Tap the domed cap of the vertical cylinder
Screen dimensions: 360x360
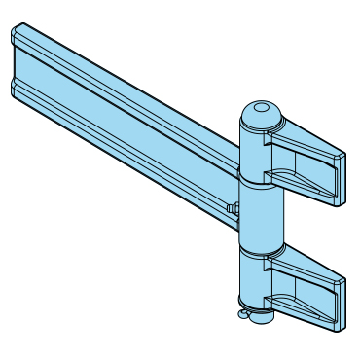(x=260, y=115)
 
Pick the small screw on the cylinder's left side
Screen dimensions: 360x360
(x=234, y=207)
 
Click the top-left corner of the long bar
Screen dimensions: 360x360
(x=16, y=32)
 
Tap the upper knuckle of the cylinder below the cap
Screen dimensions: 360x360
(x=259, y=151)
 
